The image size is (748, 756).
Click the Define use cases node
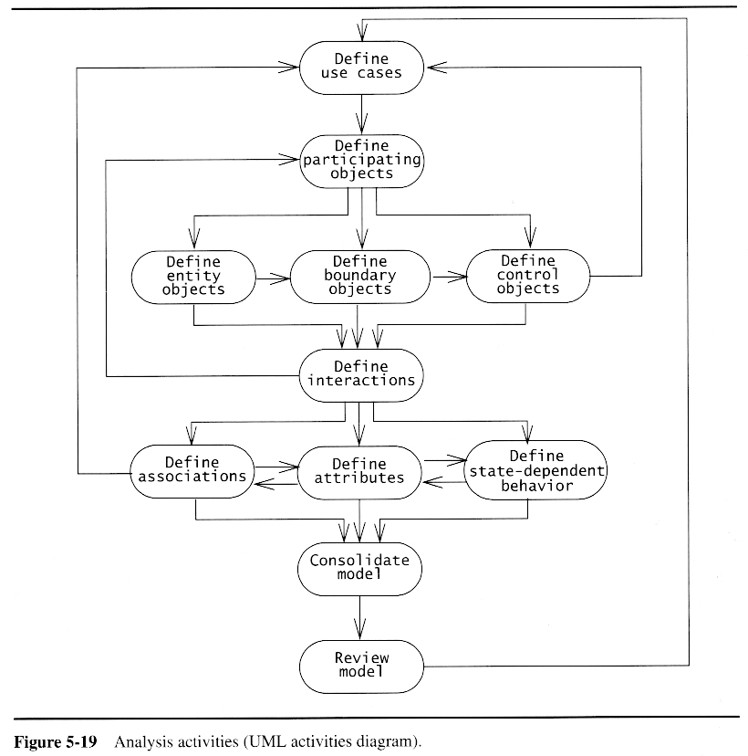362,66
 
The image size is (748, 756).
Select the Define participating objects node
362,160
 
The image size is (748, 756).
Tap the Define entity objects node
192,276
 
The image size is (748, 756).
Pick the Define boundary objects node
360,276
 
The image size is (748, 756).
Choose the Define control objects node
528,276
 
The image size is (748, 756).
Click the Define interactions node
361,373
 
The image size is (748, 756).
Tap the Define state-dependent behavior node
535,470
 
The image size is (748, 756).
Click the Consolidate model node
360,568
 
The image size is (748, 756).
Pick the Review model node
361,665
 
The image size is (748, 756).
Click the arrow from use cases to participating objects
362,113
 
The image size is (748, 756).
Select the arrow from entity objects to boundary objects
272,276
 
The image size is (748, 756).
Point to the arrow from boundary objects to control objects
448,276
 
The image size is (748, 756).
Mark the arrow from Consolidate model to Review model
361,618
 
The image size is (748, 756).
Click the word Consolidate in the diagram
359,561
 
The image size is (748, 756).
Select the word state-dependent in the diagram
535,471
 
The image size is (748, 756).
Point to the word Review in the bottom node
361,657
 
